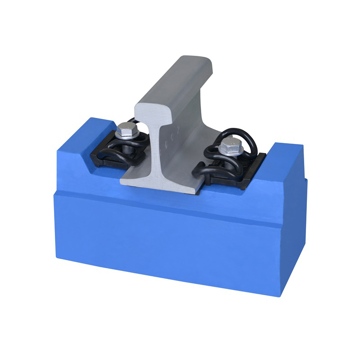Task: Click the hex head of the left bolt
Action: click(x=126, y=131)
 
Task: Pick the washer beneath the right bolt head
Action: click(x=230, y=153)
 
